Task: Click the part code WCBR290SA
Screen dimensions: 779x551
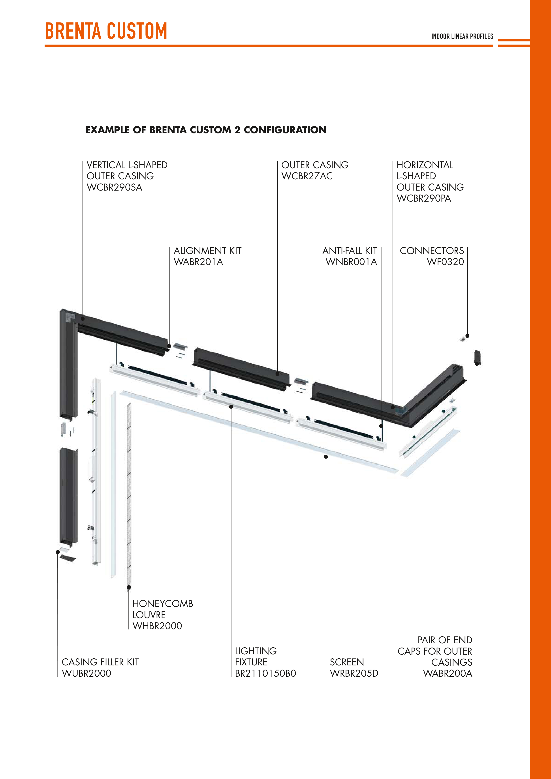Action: coord(114,187)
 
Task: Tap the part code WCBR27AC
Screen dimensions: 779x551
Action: coord(307,176)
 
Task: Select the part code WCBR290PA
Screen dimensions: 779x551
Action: coord(424,198)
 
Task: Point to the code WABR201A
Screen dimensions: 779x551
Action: coord(198,262)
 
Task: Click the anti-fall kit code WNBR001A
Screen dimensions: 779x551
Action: coord(351,262)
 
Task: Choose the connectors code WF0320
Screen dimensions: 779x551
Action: coord(445,262)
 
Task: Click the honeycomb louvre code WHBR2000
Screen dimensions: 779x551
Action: coord(157,626)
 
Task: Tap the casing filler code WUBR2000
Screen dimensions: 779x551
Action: coord(87,674)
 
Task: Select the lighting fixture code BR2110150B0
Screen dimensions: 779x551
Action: coord(265,674)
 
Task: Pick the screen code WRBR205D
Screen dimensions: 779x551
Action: coord(354,674)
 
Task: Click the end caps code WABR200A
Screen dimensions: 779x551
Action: coord(448,674)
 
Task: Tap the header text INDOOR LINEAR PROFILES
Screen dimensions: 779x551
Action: coord(462,36)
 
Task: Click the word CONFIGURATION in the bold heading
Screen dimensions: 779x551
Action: coord(285,130)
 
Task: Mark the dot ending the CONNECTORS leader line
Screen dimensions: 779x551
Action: coord(468,336)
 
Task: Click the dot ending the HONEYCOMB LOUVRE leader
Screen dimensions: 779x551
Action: coord(129,587)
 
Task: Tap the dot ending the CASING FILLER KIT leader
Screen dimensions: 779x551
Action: coord(58,552)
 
